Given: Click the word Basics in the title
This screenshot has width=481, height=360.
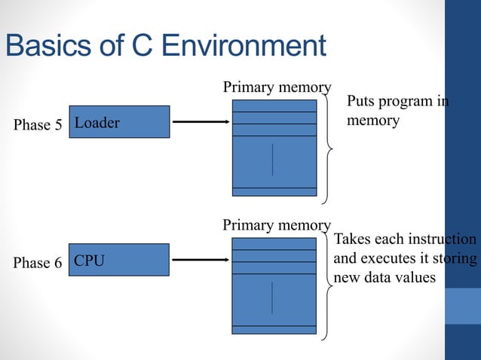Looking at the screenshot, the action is coord(48,45).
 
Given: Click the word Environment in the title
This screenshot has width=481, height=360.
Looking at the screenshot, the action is coord(244,45).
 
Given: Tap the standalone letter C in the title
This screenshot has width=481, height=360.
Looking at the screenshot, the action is coord(142,45).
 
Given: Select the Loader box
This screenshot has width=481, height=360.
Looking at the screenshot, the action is coord(119,122).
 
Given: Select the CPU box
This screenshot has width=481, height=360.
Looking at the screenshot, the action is coord(119,260).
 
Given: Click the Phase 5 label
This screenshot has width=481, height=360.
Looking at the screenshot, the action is coord(38,125).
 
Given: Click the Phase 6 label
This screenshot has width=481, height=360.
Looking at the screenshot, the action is coord(38,263).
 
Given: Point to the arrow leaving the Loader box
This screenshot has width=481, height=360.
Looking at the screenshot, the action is coord(201,122).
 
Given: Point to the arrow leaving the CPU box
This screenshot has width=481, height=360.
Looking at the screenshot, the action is coord(201,260).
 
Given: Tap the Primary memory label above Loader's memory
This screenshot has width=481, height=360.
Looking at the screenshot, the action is coord(277,87).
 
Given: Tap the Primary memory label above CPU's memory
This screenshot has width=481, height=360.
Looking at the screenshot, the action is coord(277,225).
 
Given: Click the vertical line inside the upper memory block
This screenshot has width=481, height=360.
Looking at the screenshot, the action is coord(272,160).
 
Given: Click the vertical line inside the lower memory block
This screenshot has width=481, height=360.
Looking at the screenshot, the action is coord(272,297).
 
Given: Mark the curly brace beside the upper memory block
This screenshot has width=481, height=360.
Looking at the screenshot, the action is coord(328,149).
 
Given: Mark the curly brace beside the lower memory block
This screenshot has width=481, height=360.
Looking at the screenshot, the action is coord(327,286).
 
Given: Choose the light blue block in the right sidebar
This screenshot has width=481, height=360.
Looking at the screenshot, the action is coord(463,306).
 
